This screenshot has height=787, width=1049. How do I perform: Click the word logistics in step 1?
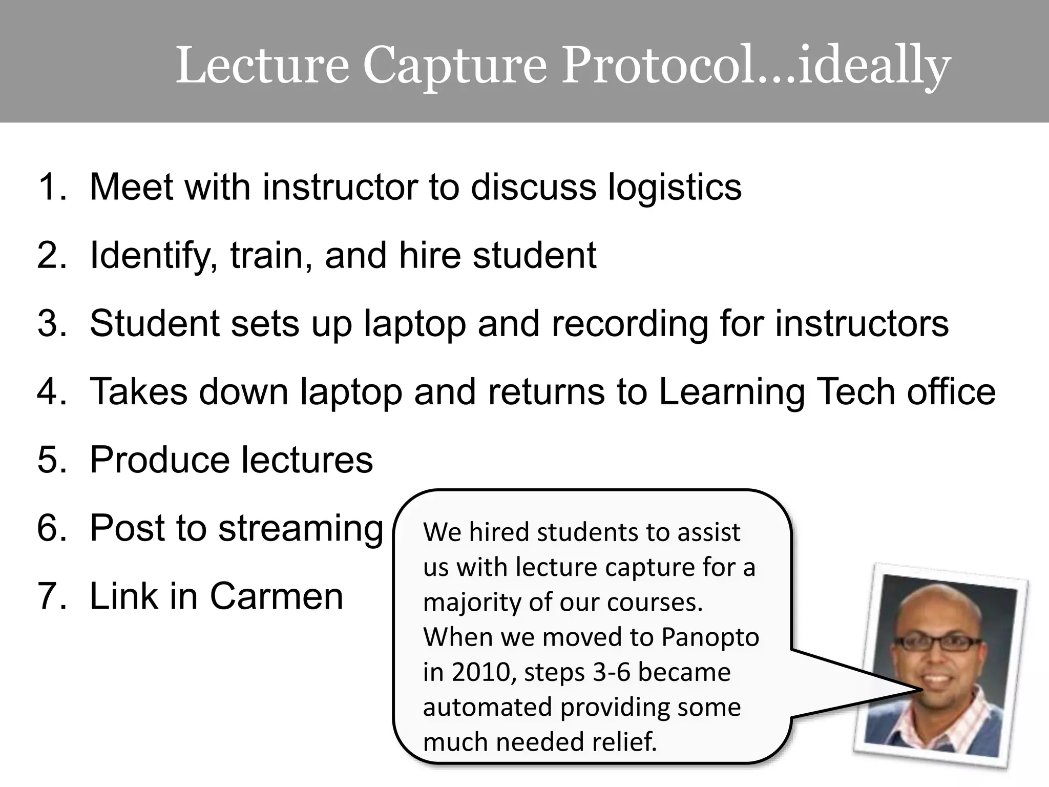click(x=675, y=188)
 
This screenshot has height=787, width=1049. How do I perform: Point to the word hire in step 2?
click(x=429, y=255)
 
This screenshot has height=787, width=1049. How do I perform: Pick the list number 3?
click(x=51, y=323)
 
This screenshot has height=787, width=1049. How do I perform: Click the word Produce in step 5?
click(x=159, y=460)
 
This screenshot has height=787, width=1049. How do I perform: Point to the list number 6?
click(x=51, y=528)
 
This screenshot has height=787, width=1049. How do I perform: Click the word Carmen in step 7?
click(x=277, y=596)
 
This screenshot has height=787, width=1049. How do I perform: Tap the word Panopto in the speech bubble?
click(x=710, y=637)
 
